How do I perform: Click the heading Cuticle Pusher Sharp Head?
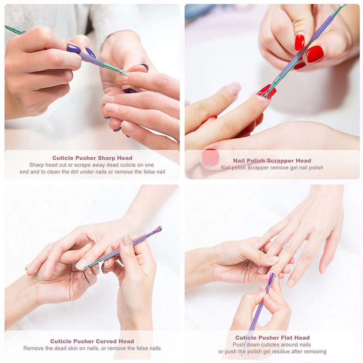tap(92, 158)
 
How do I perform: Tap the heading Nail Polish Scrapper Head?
tap(272, 161)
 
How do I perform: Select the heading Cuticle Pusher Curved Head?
tap(92, 341)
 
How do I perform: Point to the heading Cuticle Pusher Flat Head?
tap(272, 338)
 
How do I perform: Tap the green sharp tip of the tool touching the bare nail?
tap(126, 73)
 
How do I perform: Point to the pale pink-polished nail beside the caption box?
tap(210, 157)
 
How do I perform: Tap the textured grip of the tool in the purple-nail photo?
tap(92, 59)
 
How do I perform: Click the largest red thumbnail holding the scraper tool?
tap(315, 54)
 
